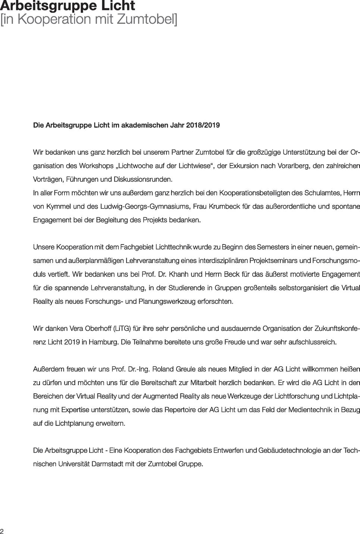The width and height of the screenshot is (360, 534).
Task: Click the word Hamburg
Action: coord(103,342)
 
